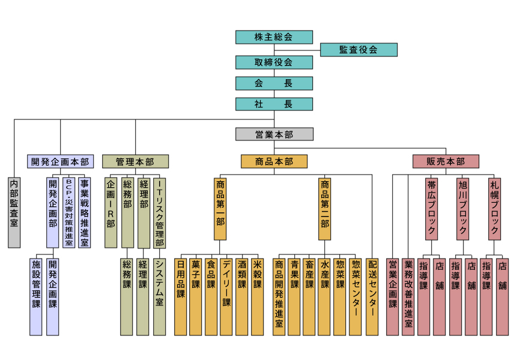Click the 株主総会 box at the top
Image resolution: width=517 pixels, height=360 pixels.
click(274, 37)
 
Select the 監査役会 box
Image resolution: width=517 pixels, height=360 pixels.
click(358, 50)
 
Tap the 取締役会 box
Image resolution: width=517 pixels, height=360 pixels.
click(274, 62)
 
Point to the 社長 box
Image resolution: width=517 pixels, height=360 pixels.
click(274, 104)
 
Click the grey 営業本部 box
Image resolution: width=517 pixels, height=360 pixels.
click(274, 134)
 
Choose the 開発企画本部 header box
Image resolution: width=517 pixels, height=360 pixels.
click(60, 161)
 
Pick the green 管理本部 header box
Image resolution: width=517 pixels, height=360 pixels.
click(135, 161)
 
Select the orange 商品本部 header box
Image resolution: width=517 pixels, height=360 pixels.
click(274, 161)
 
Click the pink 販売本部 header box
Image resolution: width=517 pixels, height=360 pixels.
click(446, 161)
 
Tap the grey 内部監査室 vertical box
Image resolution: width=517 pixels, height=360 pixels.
click(14, 212)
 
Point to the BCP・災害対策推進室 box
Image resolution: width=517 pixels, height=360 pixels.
click(68, 212)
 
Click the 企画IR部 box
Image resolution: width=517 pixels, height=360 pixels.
click(110, 212)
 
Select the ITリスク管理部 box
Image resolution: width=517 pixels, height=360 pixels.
click(159, 212)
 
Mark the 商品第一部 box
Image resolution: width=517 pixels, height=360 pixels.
click(220, 208)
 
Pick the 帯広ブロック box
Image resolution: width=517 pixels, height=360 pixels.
click(431, 208)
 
